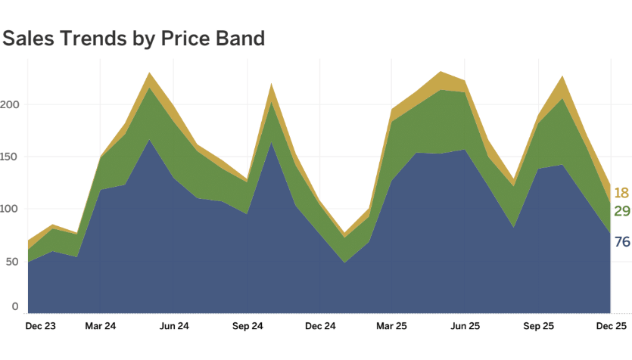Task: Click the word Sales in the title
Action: (28, 39)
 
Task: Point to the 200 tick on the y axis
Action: (10, 105)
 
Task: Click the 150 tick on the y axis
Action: (10, 157)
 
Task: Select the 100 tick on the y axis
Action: (10, 209)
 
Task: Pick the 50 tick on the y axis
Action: (11, 261)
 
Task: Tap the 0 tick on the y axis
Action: (14, 306)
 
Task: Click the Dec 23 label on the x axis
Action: (40, 327)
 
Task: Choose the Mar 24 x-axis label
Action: (101, 327)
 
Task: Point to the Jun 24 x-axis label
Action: (174, 327)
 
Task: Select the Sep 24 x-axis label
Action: (247, 327)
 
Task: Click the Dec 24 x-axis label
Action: (320, 327)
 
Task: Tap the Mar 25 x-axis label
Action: (391, 327)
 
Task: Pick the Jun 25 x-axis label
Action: (465, 327)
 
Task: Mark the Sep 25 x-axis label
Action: (537, 327)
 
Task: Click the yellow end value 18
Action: (621, 193)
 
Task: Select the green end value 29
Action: (621, 211)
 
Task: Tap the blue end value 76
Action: (621, 242)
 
